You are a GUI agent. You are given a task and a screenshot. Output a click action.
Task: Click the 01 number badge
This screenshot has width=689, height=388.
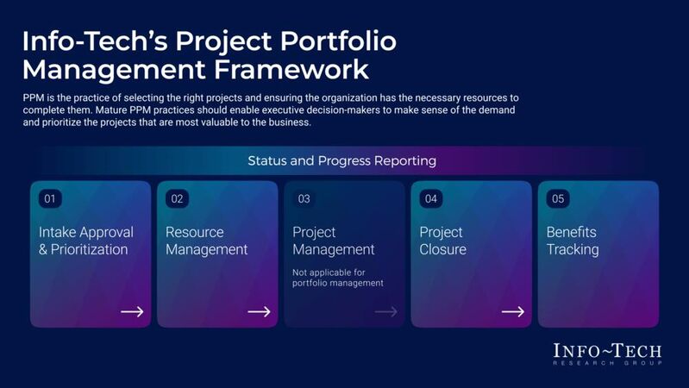tap(50, 198)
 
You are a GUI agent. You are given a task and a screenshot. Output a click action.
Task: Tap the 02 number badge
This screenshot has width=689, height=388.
tap(177, 198)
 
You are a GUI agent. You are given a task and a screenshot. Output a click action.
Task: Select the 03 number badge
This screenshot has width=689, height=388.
tap(304, 198)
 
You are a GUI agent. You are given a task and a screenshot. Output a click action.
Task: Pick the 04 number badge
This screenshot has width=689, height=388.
tap(431, 198)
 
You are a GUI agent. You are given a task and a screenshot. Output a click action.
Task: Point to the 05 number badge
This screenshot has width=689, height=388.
tap(558, 198)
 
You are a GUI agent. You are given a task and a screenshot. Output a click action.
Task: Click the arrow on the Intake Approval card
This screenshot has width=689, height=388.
tap(132, 311)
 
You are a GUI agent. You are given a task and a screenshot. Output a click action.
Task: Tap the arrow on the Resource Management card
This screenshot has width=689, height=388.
tap(259, 311)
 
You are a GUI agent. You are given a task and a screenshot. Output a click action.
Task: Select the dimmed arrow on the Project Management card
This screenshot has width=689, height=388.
tap(385, 311)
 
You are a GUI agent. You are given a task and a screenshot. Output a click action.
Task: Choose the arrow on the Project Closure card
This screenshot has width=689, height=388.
tap(513, 311)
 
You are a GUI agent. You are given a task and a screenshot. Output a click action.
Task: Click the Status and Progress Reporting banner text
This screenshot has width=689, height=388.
tap(341, 160)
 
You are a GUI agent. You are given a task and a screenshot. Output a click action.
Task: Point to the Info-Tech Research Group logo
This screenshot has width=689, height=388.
tap(607, 354)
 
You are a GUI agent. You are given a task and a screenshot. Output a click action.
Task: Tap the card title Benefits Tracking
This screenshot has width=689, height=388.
tap(573, 241)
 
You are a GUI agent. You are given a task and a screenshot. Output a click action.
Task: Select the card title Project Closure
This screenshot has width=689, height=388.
tap(442, 241)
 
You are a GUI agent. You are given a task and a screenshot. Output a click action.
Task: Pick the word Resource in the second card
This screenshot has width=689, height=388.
tap(194, 232)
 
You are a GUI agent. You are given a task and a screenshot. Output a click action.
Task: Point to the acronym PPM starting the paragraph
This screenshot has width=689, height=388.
tap(34, 98)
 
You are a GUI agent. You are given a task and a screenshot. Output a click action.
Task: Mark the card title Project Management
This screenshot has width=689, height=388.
tap(334, 241)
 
